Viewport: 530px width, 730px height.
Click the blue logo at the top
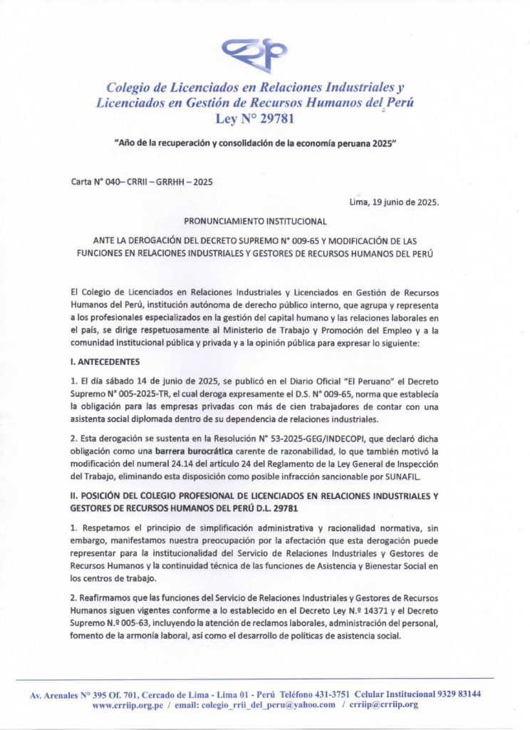[254, 52]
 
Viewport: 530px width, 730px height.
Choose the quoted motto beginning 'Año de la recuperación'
[255, 143]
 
